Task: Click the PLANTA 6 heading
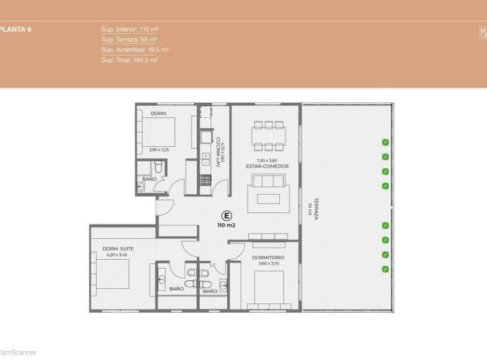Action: point(12,30)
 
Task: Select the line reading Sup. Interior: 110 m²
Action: point(129,30)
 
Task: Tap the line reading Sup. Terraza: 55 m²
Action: point(129,40)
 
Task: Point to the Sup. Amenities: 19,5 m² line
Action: point(135,50)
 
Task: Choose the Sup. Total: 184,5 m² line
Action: point(130,60)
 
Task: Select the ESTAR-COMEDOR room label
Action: point(266,166)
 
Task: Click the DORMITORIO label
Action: point(268,258)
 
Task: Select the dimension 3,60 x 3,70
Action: point(268,265)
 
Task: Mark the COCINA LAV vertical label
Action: point(220,154)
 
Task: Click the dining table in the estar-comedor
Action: point(269,135)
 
